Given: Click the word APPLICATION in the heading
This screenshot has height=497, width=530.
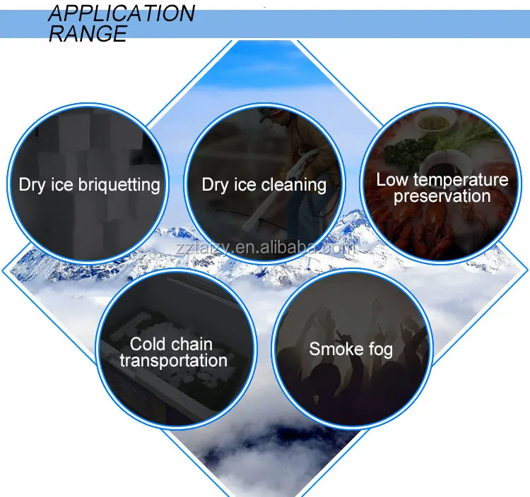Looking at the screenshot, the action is (x=122, y=13).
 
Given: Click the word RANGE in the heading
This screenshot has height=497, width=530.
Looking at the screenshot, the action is (x=88, y=33).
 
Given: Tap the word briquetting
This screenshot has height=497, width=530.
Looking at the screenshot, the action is (x=119, y=185).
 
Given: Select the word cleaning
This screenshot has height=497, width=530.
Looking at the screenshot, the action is (x=294, y=185).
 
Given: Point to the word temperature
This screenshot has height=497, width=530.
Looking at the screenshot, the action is (x=461, y=179).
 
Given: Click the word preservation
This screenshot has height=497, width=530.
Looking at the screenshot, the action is (x=442, y=196).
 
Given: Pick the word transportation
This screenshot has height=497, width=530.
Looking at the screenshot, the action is (x=173, y=360).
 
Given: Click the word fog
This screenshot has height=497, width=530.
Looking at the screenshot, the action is (x=381, y=349).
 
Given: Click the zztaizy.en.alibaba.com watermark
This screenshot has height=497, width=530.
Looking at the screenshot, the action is (x=265, y=248).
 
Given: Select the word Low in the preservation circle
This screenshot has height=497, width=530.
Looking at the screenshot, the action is (x=393, y=179).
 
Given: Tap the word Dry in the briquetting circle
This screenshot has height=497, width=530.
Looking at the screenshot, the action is (x=32, y=185).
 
